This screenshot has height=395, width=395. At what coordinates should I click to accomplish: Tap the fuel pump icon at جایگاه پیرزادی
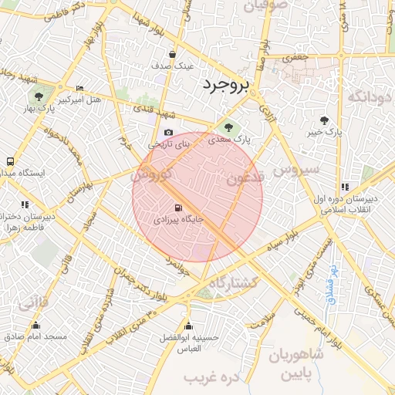(179, 208)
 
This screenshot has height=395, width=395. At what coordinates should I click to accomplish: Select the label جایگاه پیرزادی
(179, 220)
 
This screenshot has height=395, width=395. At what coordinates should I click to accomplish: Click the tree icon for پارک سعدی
(228, 127)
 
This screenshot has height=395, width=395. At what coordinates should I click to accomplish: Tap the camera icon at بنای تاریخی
(169, 133)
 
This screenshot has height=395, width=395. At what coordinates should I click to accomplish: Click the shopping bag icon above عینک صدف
(171, 55)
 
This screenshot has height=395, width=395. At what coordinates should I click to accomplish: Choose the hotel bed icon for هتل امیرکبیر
(79, 89)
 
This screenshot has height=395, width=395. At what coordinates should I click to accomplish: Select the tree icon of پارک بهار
(38, 96)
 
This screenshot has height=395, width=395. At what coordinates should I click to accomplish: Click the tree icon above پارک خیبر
(324, 120)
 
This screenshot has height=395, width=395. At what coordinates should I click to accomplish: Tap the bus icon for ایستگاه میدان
(9, 162)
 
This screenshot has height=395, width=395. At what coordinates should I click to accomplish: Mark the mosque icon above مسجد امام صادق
(36, 325)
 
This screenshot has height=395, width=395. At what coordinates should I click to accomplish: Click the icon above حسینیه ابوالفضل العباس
(188, 326)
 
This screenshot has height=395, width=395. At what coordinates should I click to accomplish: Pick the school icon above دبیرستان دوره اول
(344, 187)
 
